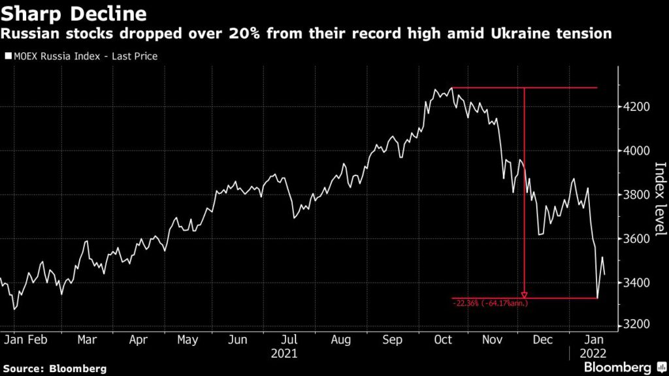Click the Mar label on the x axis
[87, 340]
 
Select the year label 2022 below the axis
[593, 354]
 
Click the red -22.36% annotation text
[490, 303]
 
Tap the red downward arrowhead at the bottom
[524, 294]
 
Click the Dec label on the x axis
[543, 340]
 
